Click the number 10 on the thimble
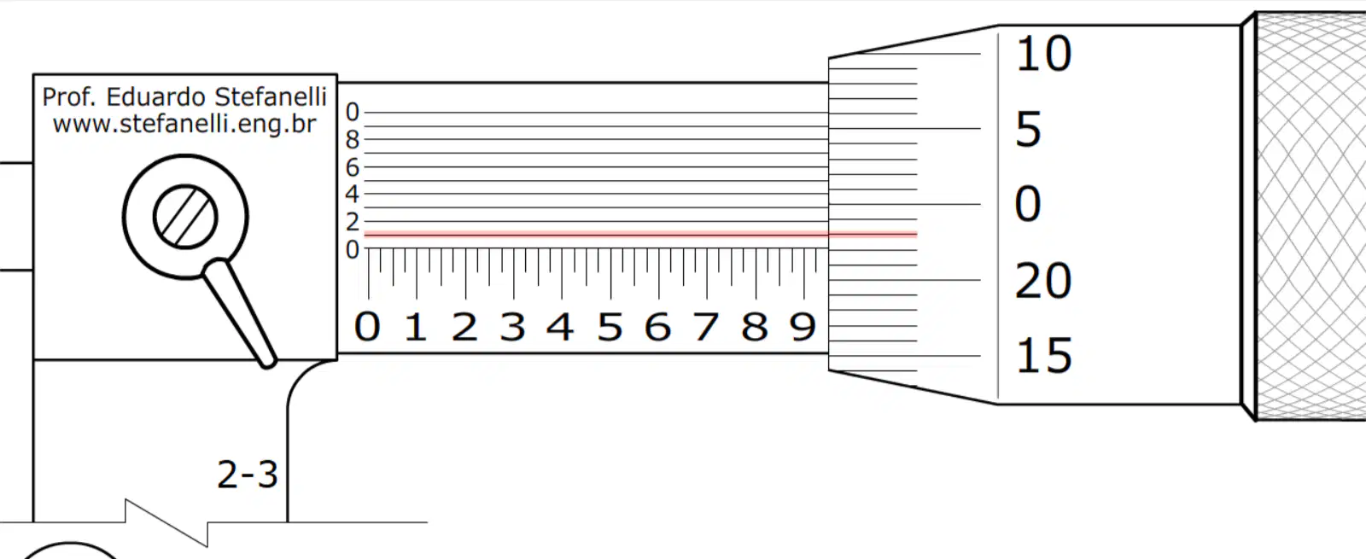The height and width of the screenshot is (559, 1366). tap(1043, 54)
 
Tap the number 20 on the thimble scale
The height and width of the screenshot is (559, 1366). tap(1042, 281)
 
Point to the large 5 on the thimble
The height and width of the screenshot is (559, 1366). tap(1028, 129)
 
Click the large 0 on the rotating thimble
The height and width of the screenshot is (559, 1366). tap(1028, 204)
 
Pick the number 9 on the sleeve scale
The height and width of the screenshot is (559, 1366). tap(803, 327)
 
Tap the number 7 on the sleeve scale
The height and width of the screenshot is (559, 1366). tap(705, 327)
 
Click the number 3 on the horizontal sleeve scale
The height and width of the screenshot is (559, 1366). tap(512, 327)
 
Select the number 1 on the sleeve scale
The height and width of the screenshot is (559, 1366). tap(415, 327)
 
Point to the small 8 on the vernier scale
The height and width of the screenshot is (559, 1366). tap(353, 140)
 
